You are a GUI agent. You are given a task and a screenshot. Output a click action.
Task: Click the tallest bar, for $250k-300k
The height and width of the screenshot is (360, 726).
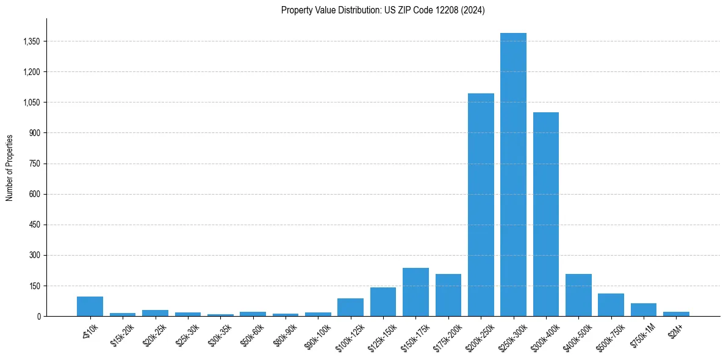point(513,175)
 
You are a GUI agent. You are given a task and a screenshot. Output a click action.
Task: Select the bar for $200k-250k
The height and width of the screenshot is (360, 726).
point(481,204)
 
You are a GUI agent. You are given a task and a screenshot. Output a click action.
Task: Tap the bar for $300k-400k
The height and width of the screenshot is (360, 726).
point(545,214)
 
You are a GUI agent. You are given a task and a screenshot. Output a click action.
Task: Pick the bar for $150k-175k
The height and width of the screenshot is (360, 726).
point(415,292)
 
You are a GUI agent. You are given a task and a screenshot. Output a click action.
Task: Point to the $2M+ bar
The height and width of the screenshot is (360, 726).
point(676,314)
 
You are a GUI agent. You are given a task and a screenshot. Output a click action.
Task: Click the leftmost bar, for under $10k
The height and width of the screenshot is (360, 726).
point(90,306)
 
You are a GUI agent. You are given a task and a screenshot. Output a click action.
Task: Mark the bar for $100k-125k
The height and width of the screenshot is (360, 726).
point(350,307)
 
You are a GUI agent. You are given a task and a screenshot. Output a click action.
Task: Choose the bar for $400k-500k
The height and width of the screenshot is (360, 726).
point(578,295)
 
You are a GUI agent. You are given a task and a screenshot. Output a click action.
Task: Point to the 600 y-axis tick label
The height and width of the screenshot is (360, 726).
point(34,194)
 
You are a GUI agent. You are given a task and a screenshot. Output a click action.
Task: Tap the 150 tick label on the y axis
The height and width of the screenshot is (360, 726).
point(34,286)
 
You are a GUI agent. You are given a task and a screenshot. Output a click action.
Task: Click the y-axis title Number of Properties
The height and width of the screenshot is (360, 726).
point(10,168)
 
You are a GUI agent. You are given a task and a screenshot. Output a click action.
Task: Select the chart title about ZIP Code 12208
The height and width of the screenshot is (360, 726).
point(383,10)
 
